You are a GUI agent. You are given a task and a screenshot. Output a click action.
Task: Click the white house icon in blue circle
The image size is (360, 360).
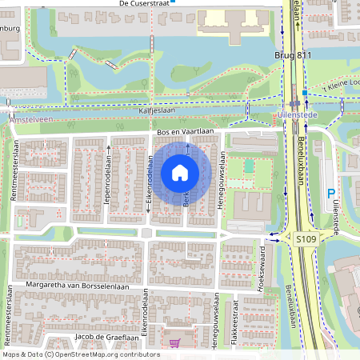180,172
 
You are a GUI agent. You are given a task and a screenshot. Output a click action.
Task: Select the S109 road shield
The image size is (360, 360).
305,238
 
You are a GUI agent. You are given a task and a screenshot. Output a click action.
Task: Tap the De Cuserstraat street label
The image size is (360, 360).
144,4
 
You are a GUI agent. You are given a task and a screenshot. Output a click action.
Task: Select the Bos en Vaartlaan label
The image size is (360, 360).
185,131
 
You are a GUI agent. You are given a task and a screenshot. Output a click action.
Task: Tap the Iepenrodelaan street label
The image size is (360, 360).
106,181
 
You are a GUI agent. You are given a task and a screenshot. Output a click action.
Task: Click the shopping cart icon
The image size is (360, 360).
175,342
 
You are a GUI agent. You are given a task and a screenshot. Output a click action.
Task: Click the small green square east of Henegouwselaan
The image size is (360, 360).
249,166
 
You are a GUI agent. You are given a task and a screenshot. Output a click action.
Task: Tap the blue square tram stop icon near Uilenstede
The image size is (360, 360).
304,93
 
